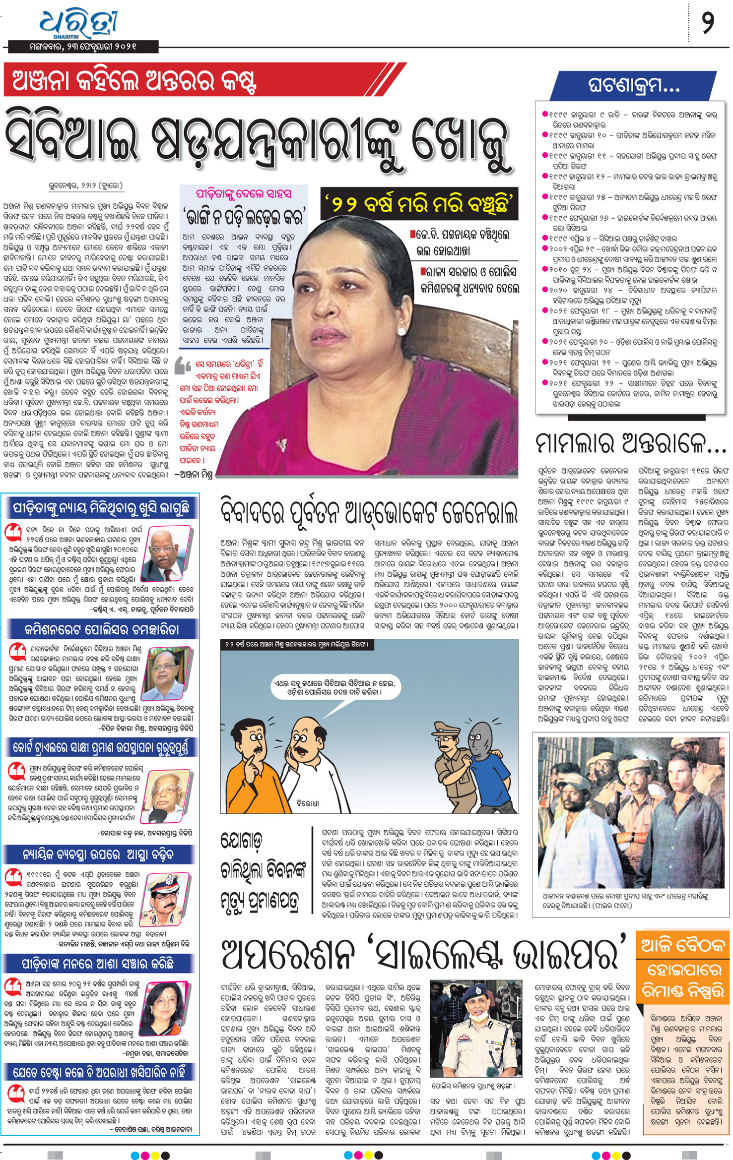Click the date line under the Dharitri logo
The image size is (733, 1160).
pyautogui.click(x=82, y=47)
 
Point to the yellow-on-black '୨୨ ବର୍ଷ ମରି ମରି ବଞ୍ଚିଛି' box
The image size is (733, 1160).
pyautogui.click(x=419, y=203)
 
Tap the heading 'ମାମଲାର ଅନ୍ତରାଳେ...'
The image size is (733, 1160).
pyautogui.click(x=630, y=443)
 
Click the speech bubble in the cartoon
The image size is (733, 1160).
pyautogui.click(x=335, y=687)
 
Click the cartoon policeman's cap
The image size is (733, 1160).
pyautogui.click(x=446, y=728)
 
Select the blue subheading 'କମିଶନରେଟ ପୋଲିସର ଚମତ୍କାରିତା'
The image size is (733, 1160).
pyautogui.click(x=101, y=630)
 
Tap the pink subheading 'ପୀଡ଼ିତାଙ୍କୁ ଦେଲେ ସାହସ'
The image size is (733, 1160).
pyautogui.click(x=243, y=193)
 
